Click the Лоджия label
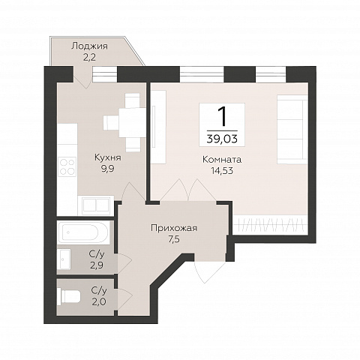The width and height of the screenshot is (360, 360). [89, 46]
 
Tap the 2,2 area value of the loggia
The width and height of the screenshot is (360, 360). [89, 58]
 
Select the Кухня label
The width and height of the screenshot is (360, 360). [108, 157]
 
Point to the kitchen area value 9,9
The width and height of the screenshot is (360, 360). [108, 169]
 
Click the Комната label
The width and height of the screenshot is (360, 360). [222, 160]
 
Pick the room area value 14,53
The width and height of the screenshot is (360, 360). [222, 171]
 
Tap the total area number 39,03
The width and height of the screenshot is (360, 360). [222, 139]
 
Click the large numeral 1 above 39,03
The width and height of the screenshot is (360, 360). [222, 115]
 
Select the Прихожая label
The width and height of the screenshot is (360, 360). [174, 228]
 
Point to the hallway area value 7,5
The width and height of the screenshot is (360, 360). [174, 240]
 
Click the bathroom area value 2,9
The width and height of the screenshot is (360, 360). [97, 265]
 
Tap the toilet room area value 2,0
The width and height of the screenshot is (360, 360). [99, 302]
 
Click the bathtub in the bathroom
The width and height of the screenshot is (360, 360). [83, 232]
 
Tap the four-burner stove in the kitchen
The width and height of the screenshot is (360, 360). [67, 167]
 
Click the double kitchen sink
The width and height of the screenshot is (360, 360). [96, 205]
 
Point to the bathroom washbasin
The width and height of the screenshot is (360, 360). [64, 259]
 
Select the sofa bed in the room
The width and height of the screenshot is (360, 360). [292, 129]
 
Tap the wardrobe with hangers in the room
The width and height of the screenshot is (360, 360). [270, 225]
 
